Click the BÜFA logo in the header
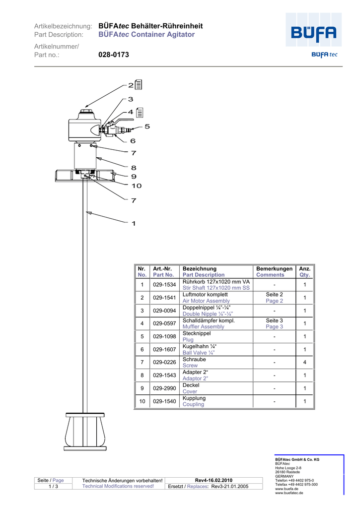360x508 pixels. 313,35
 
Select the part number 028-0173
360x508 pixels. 114,55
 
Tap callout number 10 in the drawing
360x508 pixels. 136,186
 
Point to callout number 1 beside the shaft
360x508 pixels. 134,224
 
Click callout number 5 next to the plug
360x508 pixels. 147,127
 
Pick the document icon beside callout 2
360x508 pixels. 139,85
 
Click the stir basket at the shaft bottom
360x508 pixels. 85,431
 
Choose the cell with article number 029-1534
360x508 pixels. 164,285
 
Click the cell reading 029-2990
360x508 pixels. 164,388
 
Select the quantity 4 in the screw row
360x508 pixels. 304,363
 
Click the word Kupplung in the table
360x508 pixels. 194,398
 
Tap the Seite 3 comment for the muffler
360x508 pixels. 274,320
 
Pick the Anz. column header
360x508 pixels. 304,268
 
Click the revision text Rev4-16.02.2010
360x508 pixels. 214,480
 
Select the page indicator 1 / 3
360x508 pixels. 53,487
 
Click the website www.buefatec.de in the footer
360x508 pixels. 289,493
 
